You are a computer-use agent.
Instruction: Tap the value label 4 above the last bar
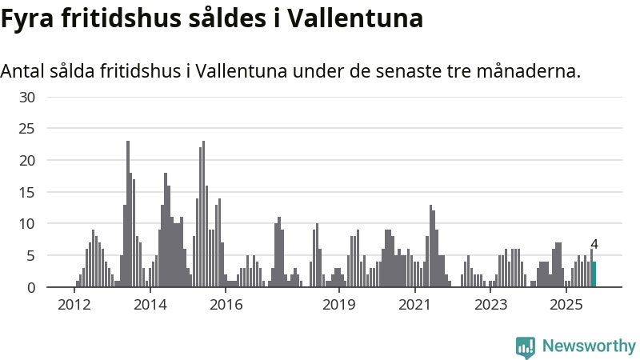[594, 245]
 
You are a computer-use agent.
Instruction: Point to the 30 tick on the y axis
[28, 98]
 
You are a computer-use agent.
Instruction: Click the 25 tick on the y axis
[28, 129]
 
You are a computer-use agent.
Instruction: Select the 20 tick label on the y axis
[28, 161]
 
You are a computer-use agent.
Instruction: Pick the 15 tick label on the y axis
[28, 192]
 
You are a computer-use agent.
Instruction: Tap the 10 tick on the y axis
[28, 224]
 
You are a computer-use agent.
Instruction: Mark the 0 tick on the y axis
[32, 287]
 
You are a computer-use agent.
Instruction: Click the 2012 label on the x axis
[74, 305]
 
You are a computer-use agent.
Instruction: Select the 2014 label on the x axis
[150, 305]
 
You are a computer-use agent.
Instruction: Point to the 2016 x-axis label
[226, 305]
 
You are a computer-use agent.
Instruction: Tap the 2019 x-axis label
[339, 305]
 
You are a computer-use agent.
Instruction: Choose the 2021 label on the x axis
[415, 305]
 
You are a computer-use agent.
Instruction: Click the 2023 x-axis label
[490, 305]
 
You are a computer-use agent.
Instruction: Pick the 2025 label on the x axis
[566, 305]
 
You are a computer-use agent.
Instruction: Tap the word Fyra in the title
[27, 18]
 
